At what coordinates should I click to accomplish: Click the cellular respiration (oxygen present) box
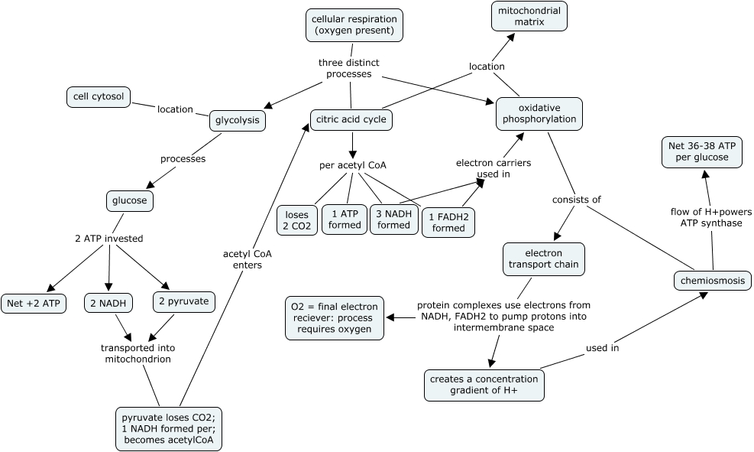tap(354, 24)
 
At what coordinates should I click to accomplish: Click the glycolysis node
tap(238, 120)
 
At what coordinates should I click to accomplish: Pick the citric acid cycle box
tap(351, 120)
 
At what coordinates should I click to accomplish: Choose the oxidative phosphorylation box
tap(539, 114)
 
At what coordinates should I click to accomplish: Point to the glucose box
tap(130, 201)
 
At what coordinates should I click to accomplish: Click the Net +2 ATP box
tap(34, 303)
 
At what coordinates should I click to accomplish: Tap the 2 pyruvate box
tap(183, 301)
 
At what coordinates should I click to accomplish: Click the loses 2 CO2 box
tap(296, 219)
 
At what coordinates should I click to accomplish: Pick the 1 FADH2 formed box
tap(448, 222)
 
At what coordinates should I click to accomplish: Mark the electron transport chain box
tap(544, 259)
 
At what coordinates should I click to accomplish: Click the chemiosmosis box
tap(713, 281)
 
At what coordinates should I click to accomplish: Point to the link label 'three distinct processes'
tap(349, 68)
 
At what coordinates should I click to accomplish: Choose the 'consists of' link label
tap(576, 200)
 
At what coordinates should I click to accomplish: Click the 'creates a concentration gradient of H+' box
tap(484, 385)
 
